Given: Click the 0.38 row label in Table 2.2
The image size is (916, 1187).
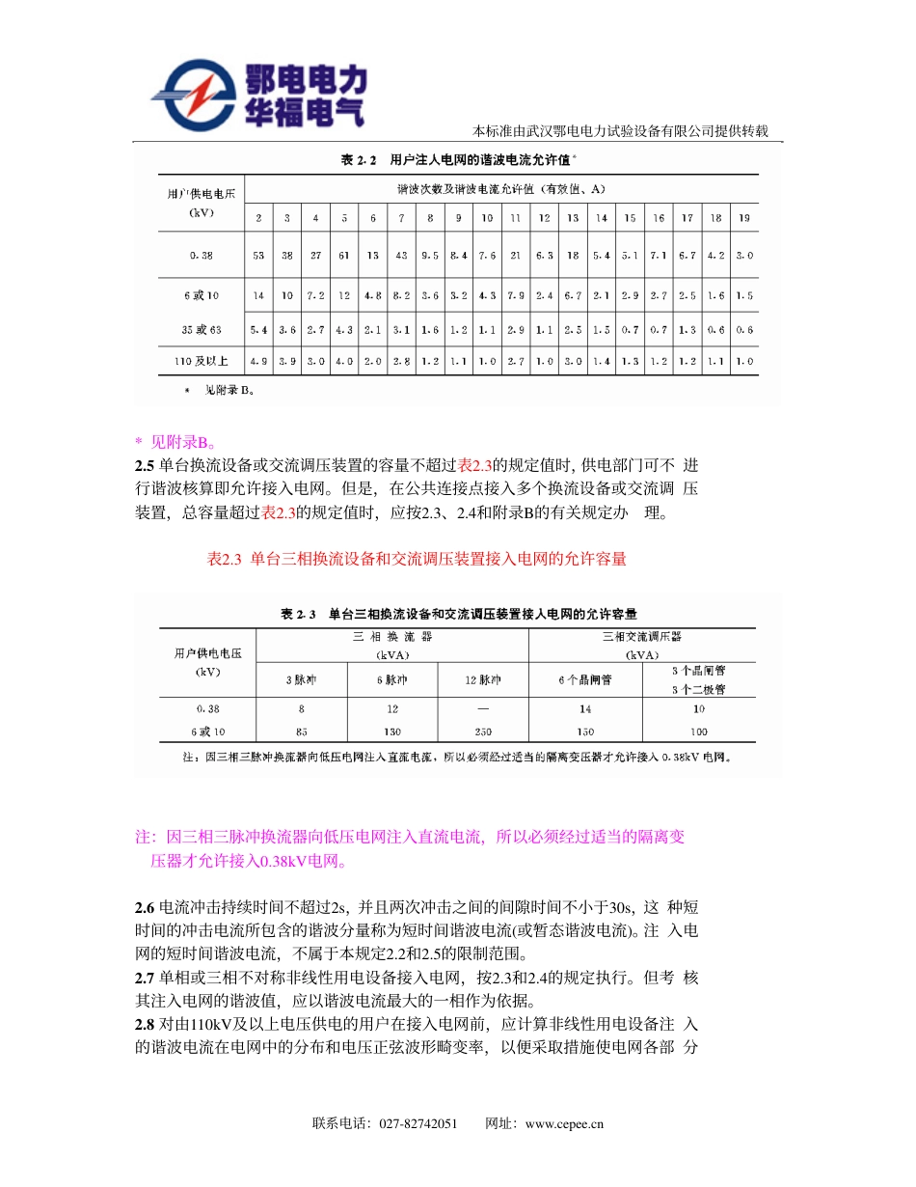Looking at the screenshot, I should [x=202, y=256].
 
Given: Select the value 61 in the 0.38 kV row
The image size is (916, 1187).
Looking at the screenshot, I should [x=344, y=256].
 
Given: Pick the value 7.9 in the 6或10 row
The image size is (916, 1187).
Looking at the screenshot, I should [x=515, y=295].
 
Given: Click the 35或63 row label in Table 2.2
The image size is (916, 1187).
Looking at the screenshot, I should [x=202, y=329].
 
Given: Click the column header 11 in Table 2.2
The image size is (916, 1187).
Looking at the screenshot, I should [x=515, y=218].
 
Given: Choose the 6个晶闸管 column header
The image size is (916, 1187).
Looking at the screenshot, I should [x=585, y=680].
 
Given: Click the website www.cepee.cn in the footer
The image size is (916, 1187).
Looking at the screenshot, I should [x=564, y=1124].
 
